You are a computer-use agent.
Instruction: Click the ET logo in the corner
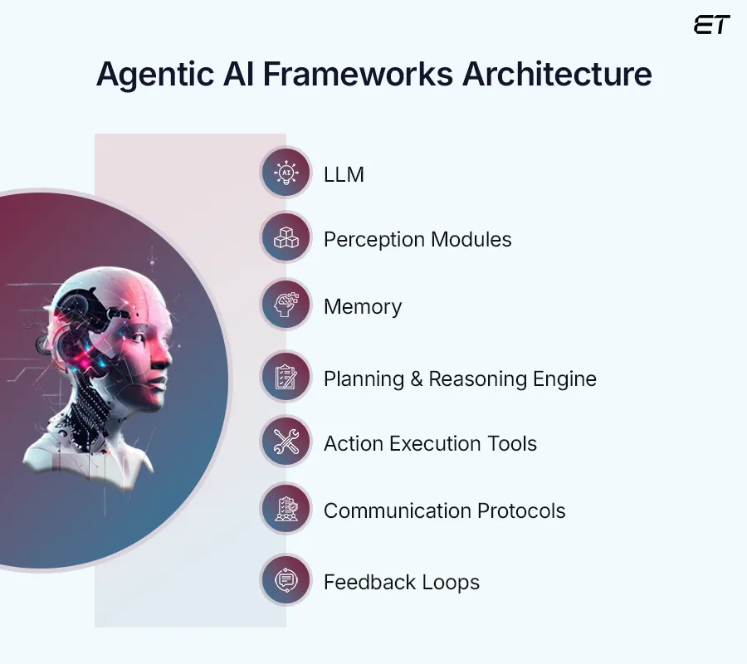click(x=711, y=26)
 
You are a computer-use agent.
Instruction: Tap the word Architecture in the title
click(x=557, y=75)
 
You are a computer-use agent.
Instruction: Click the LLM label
click(x=344, y=174)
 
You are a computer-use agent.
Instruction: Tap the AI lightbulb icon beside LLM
click(x=286, y=173)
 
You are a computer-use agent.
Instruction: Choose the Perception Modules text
click(x=417, y=240)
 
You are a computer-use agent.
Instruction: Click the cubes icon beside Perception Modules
click(x=286, y=239)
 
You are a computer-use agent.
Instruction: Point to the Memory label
click(x=363, y=306)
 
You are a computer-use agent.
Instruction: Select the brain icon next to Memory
click(x=286, y=305)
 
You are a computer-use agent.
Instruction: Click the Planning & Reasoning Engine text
click(x=460, y=379)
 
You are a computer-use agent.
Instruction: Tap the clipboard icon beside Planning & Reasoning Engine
click(x=286, y=378)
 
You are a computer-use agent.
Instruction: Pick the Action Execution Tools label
click(x=430, y=443)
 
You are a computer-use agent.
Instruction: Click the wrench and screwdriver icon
click(x=286, y=443)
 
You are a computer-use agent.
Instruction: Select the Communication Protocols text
click(x=444, y=510)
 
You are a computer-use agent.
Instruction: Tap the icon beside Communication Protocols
click(x=286, y=510)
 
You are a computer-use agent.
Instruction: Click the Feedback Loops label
click(x=402, y=582)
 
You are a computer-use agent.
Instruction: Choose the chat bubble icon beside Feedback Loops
click(x=286, y=581)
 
